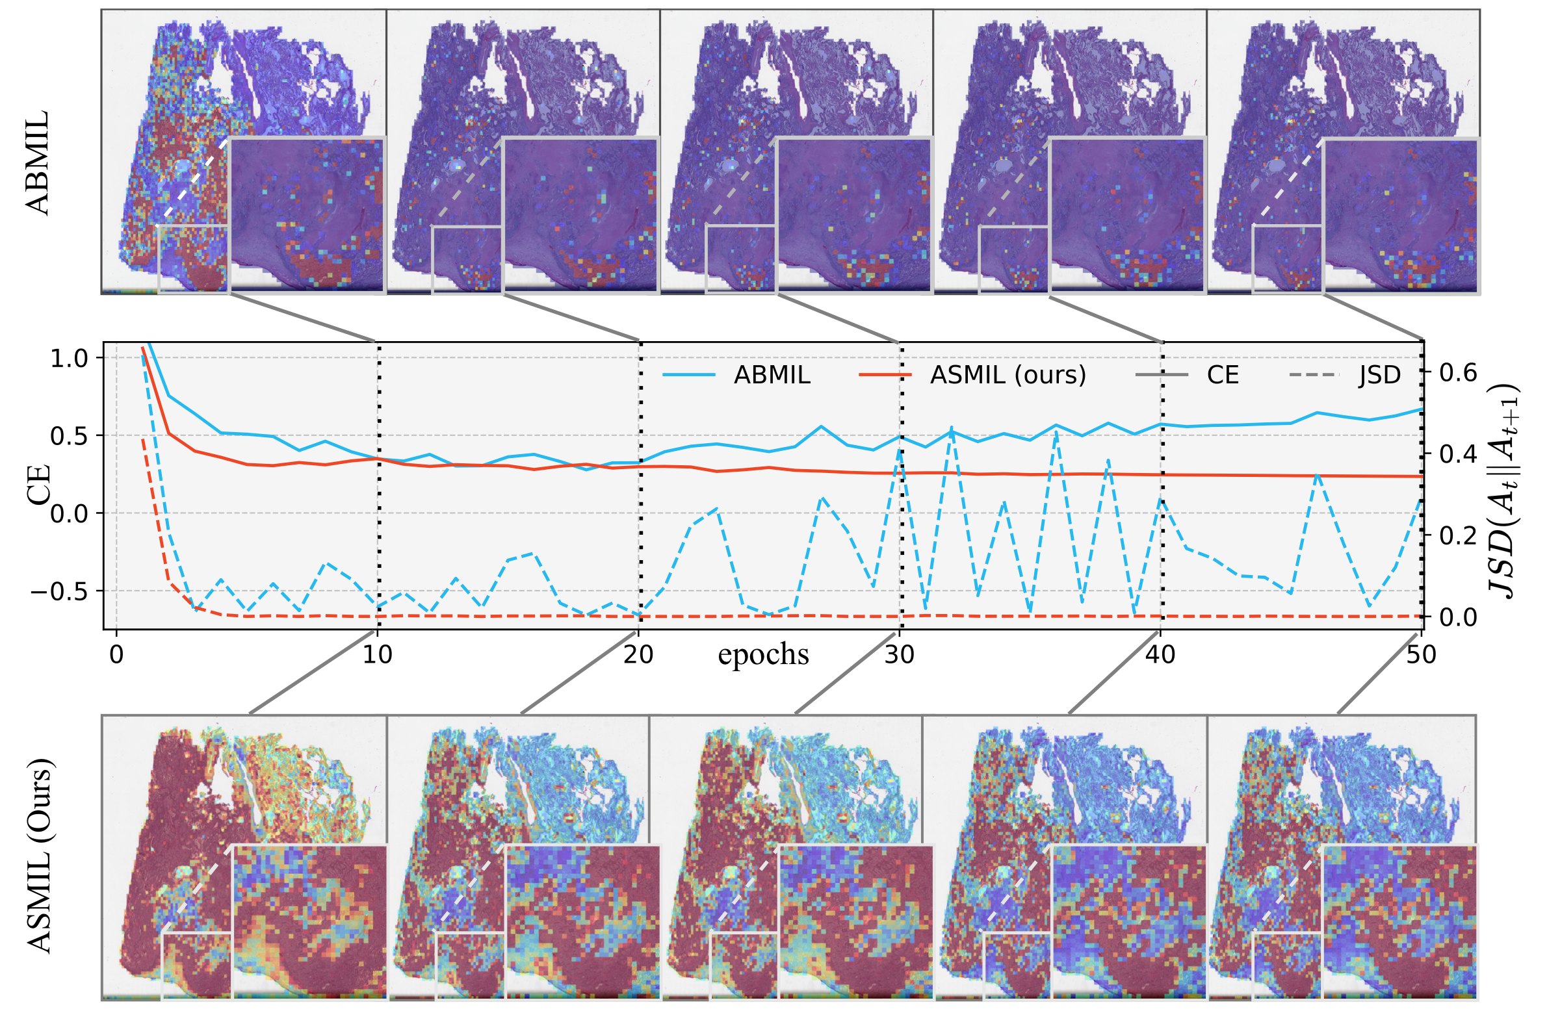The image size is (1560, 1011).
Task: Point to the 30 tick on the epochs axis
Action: click(900, 654)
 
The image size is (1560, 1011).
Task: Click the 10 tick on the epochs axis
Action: click(378, 654)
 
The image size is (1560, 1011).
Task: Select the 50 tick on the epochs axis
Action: click(1421, 654)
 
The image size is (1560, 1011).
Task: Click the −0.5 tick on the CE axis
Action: click(59, 592)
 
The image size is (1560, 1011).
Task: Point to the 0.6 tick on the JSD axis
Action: click(1459, 373)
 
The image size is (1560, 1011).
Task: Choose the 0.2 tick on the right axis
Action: click(1459, 536)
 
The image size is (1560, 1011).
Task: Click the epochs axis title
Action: click(763, 654)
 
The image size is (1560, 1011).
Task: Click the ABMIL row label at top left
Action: click(38, 162)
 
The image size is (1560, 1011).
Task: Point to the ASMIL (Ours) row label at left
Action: click(40, 856)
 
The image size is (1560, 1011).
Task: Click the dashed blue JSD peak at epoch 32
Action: click(952, 427)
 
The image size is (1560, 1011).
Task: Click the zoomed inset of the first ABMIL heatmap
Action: click(307, 214)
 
